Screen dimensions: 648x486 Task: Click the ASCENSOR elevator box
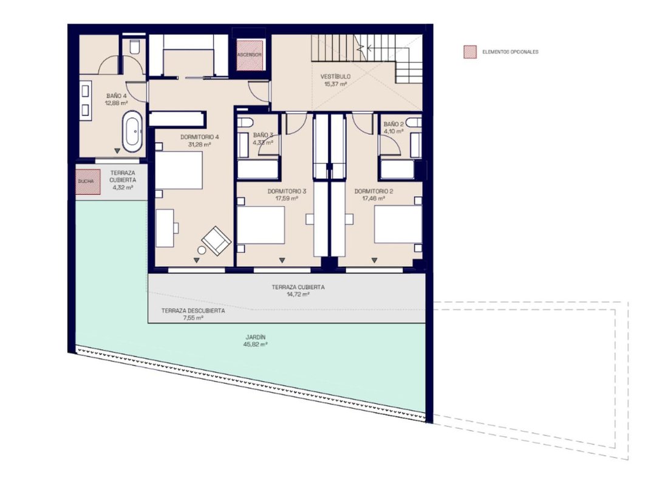[x=250, y=55]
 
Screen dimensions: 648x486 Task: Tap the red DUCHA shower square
[x=87, y=182]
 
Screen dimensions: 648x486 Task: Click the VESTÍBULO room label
[x=335, y=77]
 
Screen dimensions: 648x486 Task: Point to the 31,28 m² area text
[x=200, y=145]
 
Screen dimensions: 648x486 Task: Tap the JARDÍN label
[x=256, y=337]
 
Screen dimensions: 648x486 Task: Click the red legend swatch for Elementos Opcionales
[x=470, y=52]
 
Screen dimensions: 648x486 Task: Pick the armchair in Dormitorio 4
[x=216, y=241]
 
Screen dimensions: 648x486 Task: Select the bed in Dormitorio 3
[x=261, y=225]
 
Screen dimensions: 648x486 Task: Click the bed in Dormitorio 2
[x=398, y=224]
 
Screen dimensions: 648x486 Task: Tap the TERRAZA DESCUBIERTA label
[x=193, y=311]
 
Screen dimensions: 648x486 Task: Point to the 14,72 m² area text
[x=298, y=295]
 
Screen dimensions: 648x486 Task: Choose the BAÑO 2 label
[x=394, y=124]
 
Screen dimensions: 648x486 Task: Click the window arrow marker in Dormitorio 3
[x=282, y=261]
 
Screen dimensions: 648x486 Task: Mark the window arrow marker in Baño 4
[x=117, y=151]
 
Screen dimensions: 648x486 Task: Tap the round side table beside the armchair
[x=202, y=250]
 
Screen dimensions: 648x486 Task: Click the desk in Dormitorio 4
[x=165, y=228]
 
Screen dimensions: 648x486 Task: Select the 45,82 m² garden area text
[x=256, y=344]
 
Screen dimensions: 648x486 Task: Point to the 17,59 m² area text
[x=287, y=199]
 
